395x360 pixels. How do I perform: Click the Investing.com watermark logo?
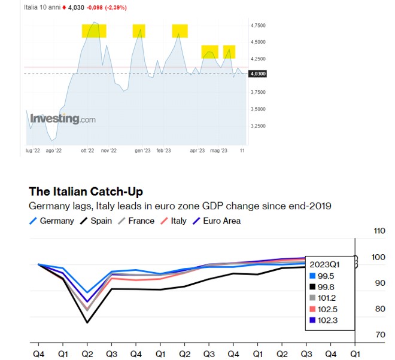point(63,118)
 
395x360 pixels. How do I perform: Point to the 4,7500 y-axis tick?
point(259,25)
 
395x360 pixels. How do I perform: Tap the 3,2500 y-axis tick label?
point(259,126)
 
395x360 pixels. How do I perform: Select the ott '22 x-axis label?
point(87,151)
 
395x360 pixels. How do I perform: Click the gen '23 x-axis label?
point(142,151)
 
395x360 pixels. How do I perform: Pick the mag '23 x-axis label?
point(219,151)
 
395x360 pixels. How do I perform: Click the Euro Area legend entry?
point(220,221)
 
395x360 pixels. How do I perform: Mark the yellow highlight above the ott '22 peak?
point(94,31)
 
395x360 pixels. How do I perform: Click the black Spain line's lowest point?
point(88,323)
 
